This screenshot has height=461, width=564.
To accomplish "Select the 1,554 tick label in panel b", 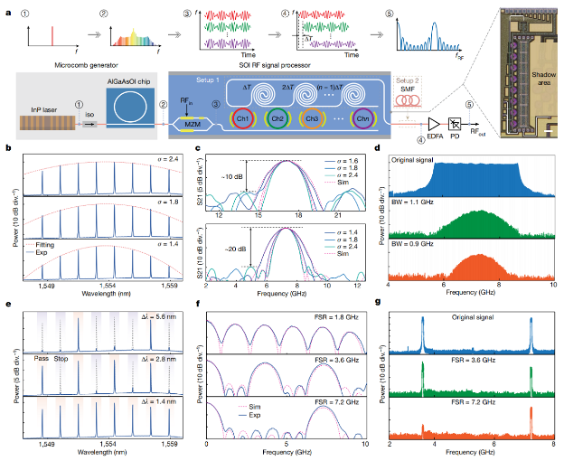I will point(107,284).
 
